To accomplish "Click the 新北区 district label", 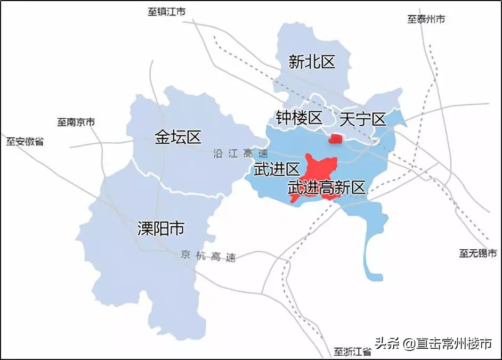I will [x=312, y=62].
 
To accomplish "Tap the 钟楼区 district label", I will [x=299, y=118].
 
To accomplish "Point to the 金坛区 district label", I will [x=178, y=137].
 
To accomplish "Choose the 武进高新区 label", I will [x=327, y=187].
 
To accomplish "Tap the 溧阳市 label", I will [x=161, y=229].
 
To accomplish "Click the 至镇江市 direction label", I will [x=167, y=12].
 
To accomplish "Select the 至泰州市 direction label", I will [x=426, y=19].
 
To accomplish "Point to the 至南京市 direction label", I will [x=76, y=122].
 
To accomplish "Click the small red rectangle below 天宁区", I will [x=336, y=139].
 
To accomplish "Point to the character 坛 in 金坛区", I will [x=178, y=137].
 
